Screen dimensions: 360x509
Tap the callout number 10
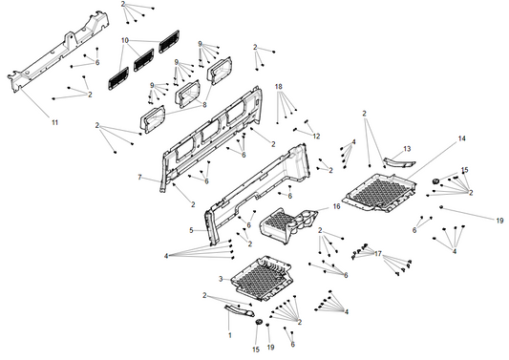pos(125,40)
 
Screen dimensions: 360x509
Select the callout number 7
pos(139,178)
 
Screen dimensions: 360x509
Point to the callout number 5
pos(191,230)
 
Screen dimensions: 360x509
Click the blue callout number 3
pos(221,278)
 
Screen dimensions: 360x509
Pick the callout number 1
pos(229,335)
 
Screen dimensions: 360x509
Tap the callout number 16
pos(336,206)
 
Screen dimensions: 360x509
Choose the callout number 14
pos(461,138)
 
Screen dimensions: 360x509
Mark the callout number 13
pos(407,149)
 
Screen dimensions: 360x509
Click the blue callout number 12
pos(316,137)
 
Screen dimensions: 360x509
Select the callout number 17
pos(378,254)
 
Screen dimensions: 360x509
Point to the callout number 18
pos(279,87)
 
